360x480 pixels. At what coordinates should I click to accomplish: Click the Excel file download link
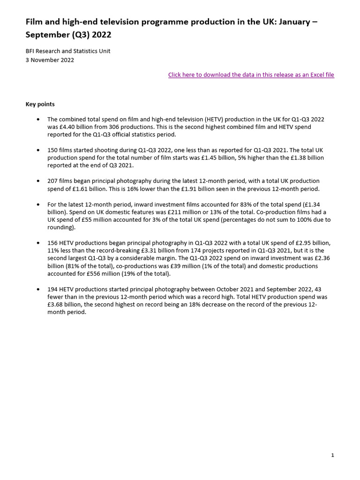point(251,75)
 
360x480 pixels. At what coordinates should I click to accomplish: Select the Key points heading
point(40,104)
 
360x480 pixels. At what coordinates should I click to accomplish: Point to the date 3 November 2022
point(50,60)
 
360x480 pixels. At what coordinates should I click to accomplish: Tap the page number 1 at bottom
point(332,455)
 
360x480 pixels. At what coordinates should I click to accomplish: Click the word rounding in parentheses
point(60,227)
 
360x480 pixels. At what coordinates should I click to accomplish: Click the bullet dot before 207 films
point(38,181)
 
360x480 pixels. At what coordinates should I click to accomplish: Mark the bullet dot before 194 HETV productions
point(38,289)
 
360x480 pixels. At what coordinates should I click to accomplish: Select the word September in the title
point(49,35)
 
